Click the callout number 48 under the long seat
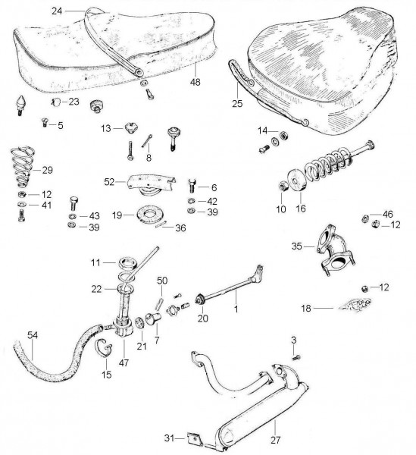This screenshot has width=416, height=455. coord(195,82)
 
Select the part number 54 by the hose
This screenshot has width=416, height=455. coord(33,335)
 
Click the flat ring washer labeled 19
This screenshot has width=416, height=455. coord(149,215)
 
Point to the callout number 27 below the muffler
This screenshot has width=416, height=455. coord(276,440)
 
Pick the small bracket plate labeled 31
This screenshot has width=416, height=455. coord(195,439)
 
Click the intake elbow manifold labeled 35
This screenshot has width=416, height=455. coord(336,250)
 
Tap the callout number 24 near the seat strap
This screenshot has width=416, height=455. coord(57,11)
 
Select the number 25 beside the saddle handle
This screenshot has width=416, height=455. coord(237,104)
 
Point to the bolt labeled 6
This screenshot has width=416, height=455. coord(192,185)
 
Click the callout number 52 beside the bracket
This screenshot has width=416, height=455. coord(109,182)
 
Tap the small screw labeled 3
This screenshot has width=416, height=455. coord(296,358)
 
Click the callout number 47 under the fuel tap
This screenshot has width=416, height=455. coord(124,362)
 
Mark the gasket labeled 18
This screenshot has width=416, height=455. coord(355,306)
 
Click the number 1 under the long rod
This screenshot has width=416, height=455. coord(236,309)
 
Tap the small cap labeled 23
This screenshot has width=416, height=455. coord(56,102)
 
